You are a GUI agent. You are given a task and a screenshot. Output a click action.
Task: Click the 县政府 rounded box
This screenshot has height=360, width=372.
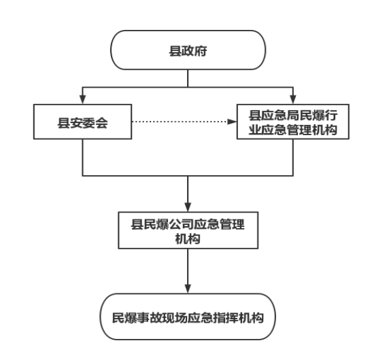coord(188,50)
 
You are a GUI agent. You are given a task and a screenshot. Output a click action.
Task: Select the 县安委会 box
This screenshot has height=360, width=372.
coord(82,122)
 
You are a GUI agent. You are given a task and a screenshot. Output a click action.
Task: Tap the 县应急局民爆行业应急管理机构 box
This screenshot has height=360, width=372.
coord(293,122)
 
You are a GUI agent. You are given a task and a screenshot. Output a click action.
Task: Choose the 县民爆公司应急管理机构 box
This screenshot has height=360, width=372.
coord(188,230)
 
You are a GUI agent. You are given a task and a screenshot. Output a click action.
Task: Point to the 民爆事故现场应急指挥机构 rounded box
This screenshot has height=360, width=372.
coord(188,317)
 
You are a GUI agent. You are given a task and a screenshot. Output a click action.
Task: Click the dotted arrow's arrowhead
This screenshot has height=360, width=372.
coord(232,122)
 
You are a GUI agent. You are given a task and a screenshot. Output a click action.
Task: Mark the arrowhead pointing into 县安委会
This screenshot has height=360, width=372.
coord(82,99)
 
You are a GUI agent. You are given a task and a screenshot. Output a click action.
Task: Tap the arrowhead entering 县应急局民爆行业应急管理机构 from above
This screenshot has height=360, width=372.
coord(293,99)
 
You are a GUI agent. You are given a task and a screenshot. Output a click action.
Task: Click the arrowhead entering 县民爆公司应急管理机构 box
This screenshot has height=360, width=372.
coord(188,207)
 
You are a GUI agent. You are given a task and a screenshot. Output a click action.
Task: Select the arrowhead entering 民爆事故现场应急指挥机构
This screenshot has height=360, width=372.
coord(188,289)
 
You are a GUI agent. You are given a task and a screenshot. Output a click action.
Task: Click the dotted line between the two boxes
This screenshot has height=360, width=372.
coord(180,122)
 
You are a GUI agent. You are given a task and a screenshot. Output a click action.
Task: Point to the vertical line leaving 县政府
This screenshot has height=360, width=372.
coord(188,78)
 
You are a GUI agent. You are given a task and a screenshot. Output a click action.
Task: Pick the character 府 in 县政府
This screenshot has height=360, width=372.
coord(201,51)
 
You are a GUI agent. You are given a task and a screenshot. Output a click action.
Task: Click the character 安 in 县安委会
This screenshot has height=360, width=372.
coord(76,123)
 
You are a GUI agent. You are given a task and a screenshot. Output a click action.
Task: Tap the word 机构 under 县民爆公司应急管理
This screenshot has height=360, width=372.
coord(188,238)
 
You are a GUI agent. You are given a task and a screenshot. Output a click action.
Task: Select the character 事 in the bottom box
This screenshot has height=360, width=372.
coord(143,318)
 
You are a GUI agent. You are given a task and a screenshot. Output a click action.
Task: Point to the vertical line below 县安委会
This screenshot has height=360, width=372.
coord(82,158)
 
